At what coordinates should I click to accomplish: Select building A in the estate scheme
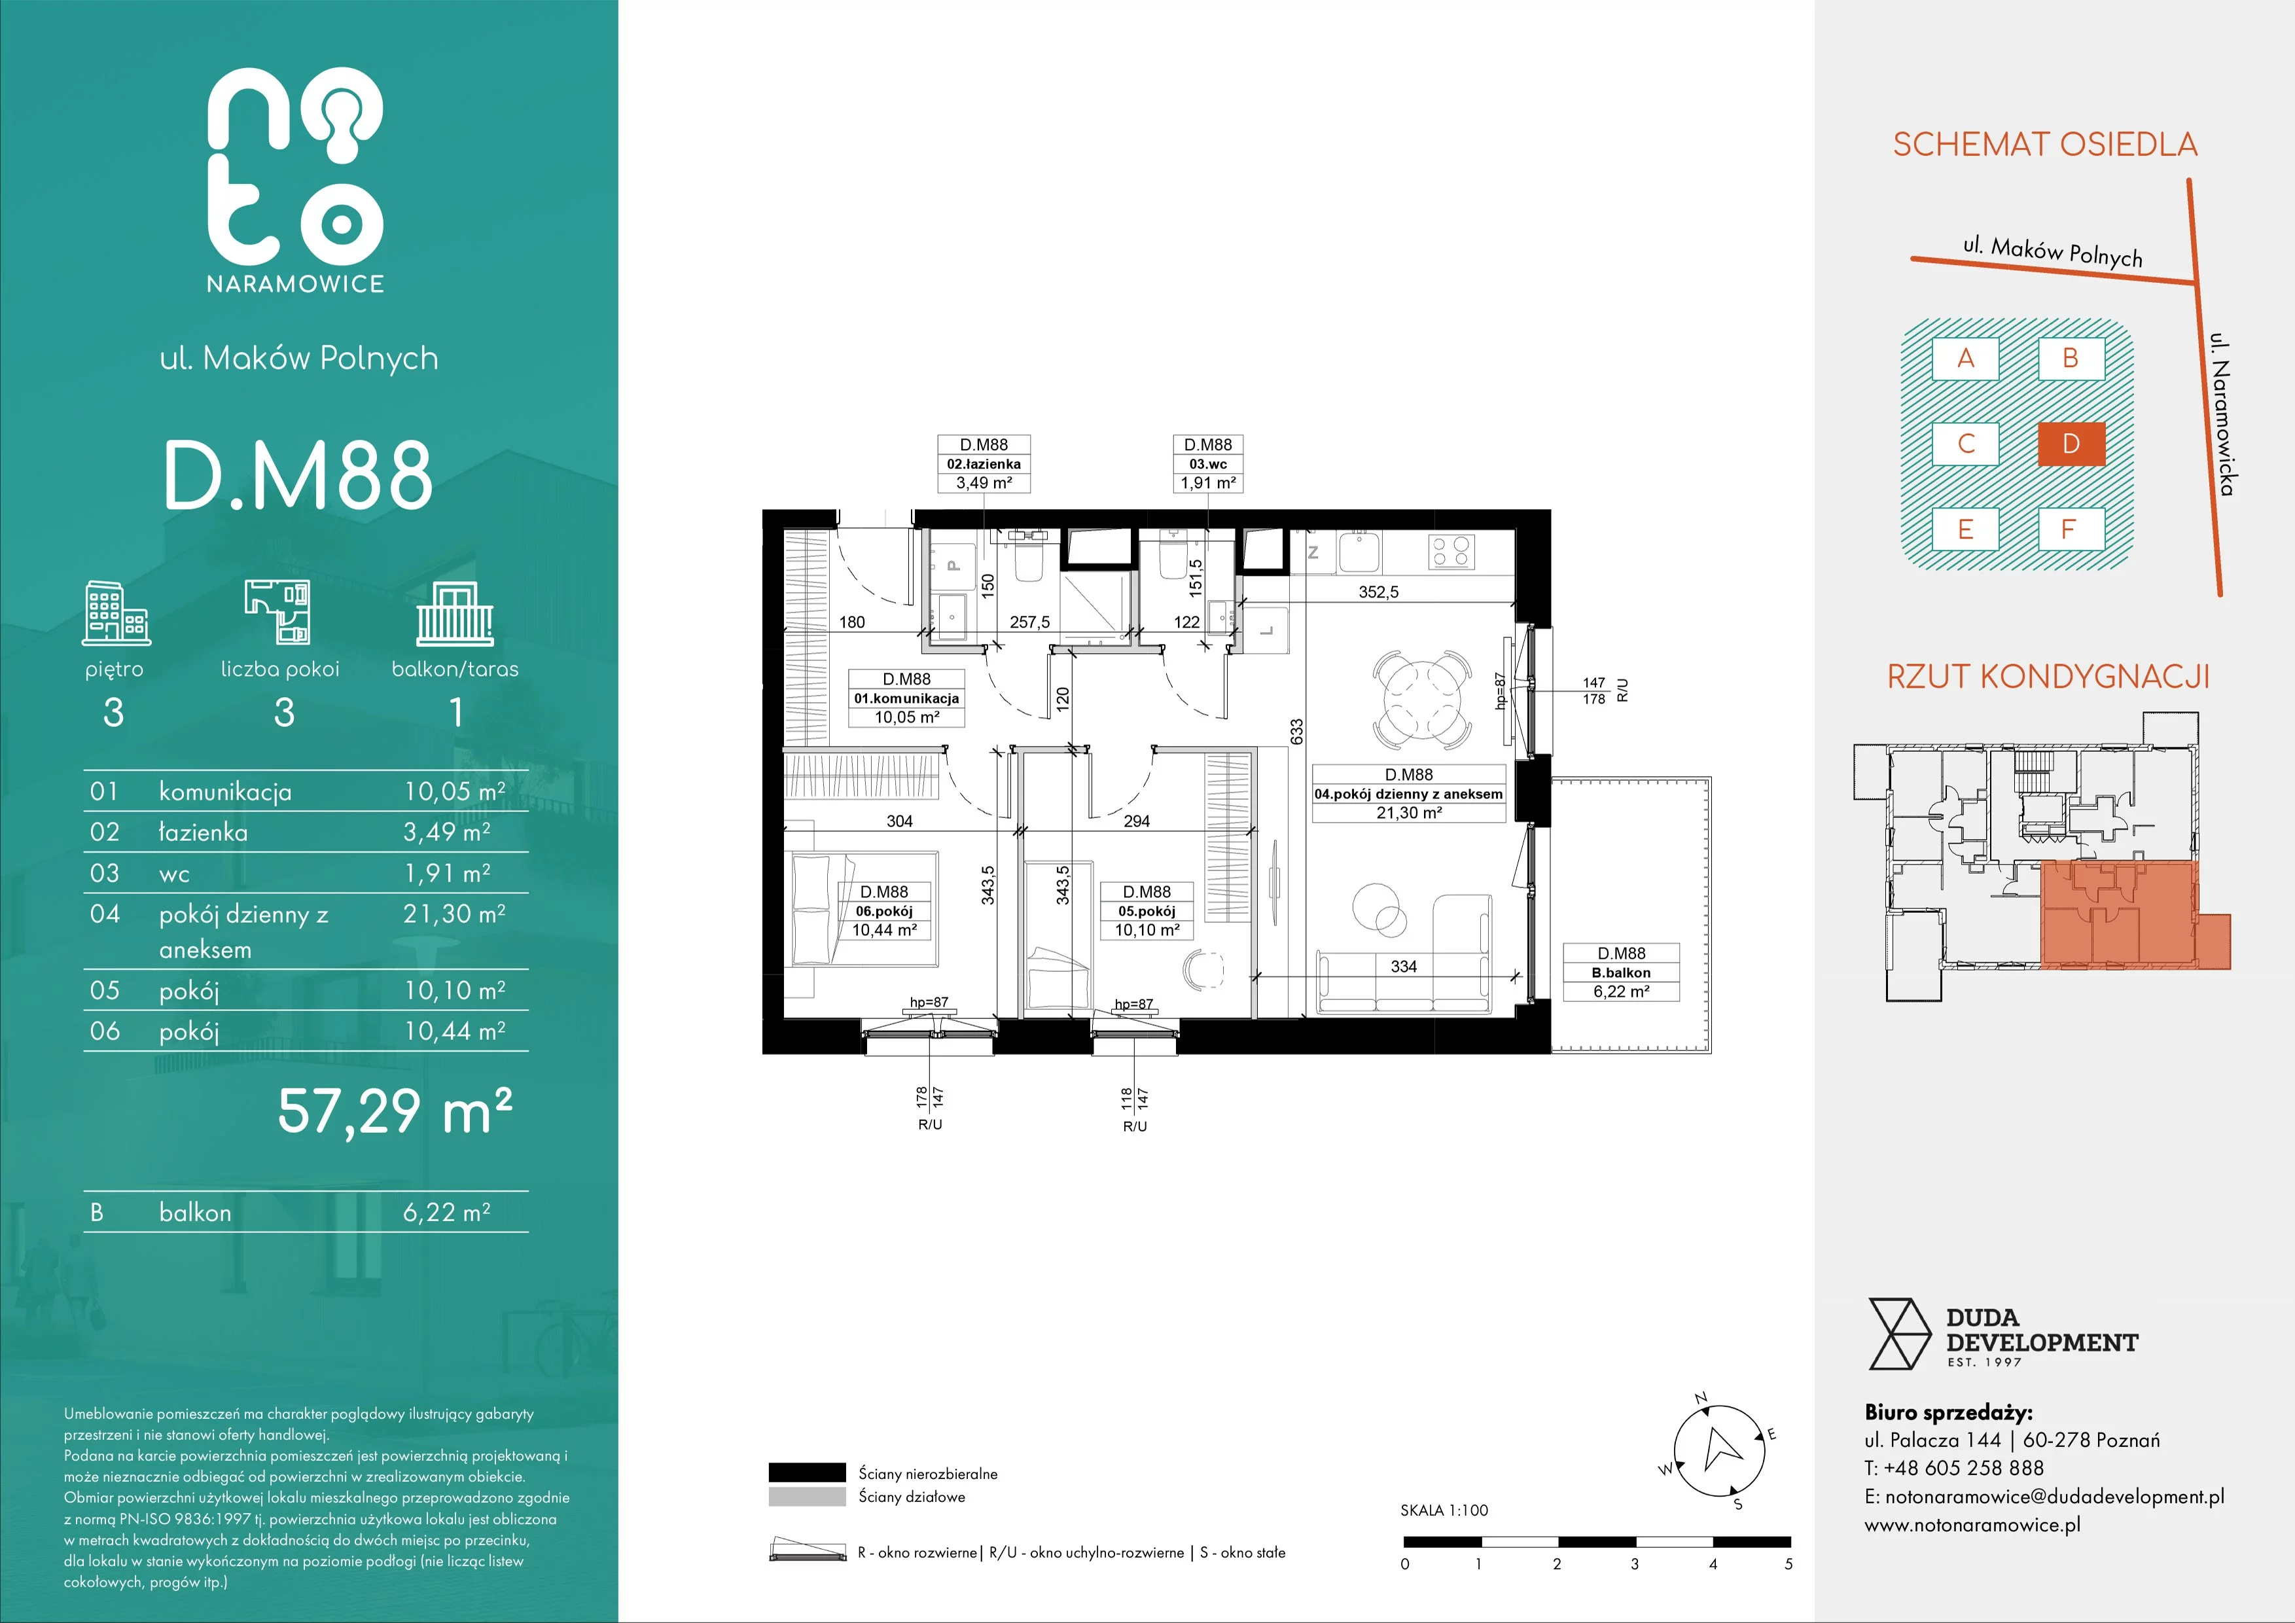click(1965, 359)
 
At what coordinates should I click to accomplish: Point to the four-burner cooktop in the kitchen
click(1451, 552)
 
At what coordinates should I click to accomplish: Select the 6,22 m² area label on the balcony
click(1622, 991)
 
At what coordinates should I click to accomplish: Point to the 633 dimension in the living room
click(1296, 732)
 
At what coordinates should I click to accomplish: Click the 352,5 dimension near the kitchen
click(1378, 592)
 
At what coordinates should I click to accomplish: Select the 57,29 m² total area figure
click(395, 1111)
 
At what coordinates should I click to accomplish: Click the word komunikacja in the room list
click(225, 793)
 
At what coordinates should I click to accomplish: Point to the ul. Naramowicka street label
click(2221, 414)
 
